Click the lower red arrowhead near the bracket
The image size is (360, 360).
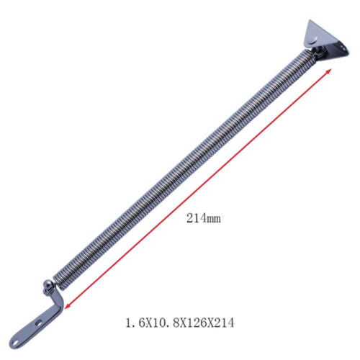66,308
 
